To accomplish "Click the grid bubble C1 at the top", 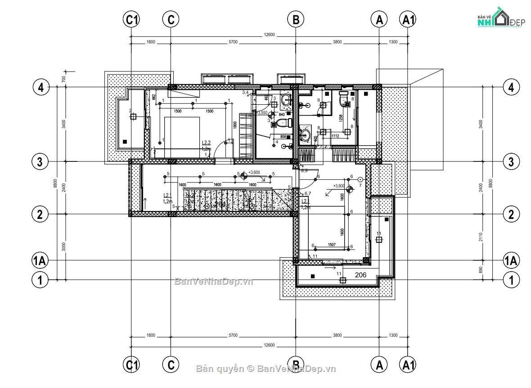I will click(x=131, y=19).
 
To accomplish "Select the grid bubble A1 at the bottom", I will click(x=408, y=364).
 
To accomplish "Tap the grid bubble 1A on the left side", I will click(x=40, y=260).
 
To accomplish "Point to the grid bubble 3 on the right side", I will click(x=511, y=161).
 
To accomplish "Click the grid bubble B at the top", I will click(x=296, y=19).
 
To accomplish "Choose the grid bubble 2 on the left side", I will click(x=40, y=214).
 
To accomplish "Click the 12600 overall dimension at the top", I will click(x=269, y=35).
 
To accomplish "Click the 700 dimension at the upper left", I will click(x=64, y=79).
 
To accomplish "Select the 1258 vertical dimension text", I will click(x=341, y=118).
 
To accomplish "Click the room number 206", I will click(x=361, y=274).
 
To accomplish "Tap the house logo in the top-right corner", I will click(x=499, y=18).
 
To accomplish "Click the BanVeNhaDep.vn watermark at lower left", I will click(x=214, y=282).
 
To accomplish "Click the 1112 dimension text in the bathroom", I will click(x=335, y=136).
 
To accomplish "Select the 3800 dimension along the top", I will click(x=337, y=42).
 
